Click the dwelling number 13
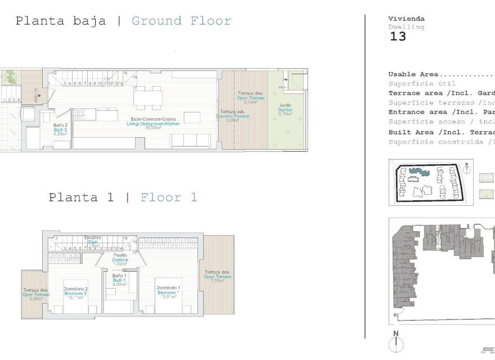click(397, 37)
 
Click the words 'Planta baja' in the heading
click(60, 21)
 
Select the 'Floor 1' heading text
click(169, 197)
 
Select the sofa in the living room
click(191, 141)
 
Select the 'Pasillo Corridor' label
click(120, 259)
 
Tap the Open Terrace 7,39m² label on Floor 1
click(218, 276)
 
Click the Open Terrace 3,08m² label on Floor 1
click(36, 294)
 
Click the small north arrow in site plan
click(466, 167)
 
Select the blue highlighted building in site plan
click(417, 171)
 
